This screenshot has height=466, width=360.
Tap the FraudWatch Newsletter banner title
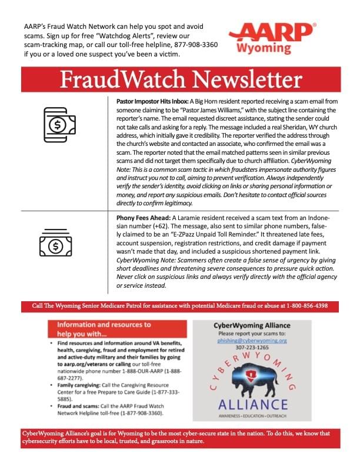(180, 78)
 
